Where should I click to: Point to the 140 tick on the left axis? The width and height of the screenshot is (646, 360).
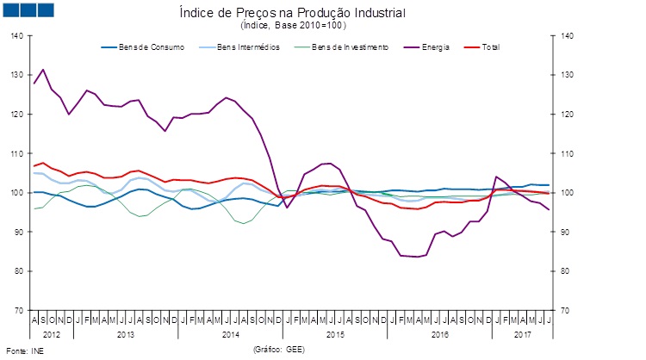point(18,36)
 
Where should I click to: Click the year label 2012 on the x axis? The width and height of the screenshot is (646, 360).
point(51,332)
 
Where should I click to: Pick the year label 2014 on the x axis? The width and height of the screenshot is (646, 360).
point(231,332)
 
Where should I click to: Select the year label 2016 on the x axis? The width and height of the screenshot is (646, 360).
point(439,332)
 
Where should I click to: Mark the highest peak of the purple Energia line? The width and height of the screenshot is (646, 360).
point(43,70)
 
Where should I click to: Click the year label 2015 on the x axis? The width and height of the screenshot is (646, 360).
point(335,332)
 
